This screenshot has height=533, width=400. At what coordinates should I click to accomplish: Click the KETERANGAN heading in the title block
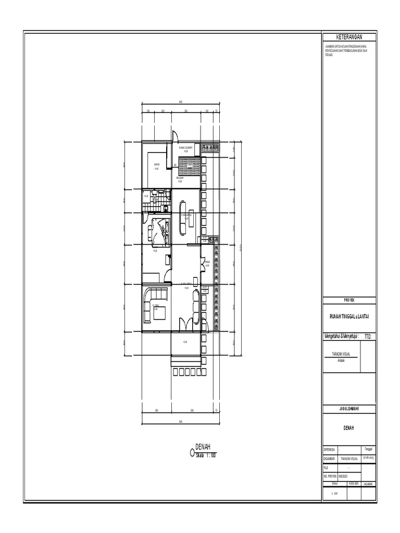(x=349, y=36)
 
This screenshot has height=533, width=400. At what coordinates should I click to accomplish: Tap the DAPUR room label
(x=156, y=164)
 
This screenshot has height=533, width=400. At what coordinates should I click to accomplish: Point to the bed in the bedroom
(x=160, y=230)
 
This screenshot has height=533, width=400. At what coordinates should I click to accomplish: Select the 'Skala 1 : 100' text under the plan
(x=206, y=455)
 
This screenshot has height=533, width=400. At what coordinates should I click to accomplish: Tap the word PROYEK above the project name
(x=349, y=300)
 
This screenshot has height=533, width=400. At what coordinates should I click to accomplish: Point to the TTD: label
(x=368, y=337)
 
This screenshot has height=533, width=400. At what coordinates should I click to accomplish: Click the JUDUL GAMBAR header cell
(x=349, y=409)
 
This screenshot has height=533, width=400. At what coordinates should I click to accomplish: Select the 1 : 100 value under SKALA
(x=334, y=493)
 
